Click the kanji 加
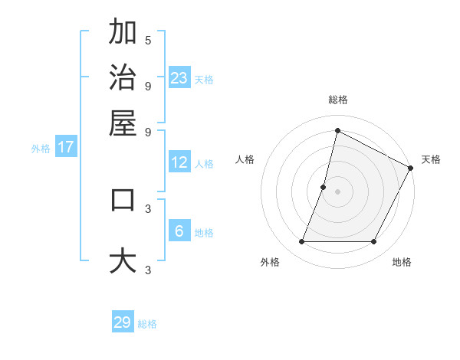pos(123,32)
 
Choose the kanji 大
pos(123,260)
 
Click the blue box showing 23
pos(179,78)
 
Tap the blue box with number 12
pos(179,162)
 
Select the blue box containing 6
pos(179,231)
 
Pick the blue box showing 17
pos(66,148)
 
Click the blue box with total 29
pos(123,322)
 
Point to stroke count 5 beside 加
pos(148,41)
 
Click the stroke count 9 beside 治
pos(148,85)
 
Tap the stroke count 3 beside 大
pos(148,270)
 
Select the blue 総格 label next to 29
pos(148,324)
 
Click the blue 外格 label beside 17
pos(41,149)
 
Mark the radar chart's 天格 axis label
pos(431,159)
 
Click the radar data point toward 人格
pos(324,187)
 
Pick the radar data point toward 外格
pos(301,242)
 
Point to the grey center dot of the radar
pos(337,191)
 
